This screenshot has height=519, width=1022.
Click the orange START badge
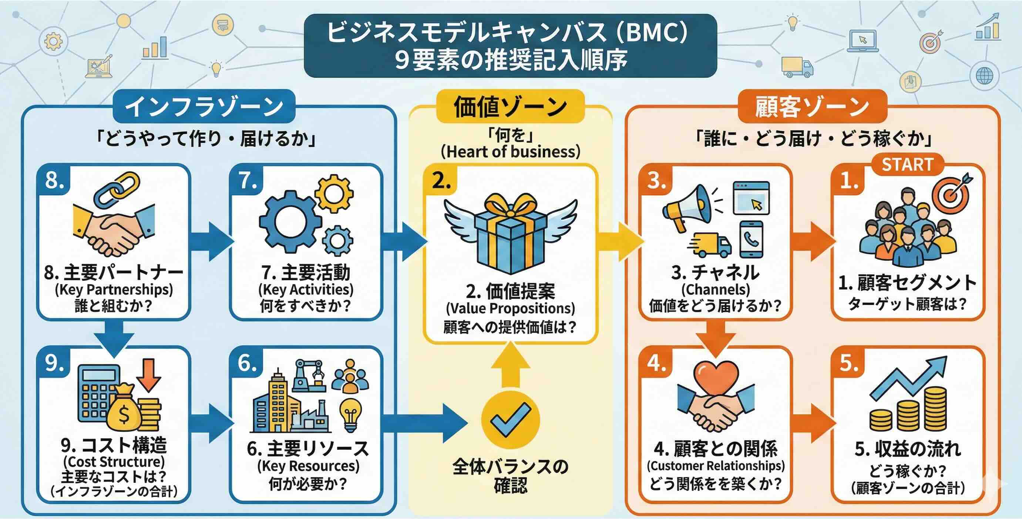(907, 164)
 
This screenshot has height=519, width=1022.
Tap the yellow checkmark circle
(510, 420)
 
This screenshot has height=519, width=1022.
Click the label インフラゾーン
(204, 106)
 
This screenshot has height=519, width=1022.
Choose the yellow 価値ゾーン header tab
(510, 106)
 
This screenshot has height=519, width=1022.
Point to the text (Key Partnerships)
(114, 290)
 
